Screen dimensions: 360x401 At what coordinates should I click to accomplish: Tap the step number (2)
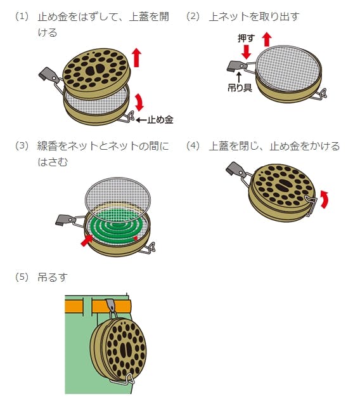tap(193, 17)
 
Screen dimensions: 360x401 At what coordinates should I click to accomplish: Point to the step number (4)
tap(193, 146)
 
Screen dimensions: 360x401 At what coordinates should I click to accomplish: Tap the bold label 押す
tap(247, 39)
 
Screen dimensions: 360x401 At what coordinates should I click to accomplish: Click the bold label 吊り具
tap(240, 88)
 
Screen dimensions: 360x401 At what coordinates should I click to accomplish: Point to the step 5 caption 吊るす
tap(53, 277)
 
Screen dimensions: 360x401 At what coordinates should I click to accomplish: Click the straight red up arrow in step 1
tap(137, 58)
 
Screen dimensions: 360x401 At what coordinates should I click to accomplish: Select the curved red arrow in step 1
tap(140, 102)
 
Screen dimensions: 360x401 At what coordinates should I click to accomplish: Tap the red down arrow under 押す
tap(247, 52)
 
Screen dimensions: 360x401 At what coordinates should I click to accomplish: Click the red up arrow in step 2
tap(267, 39)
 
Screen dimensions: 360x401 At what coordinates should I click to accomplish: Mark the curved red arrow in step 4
tap(325, 199)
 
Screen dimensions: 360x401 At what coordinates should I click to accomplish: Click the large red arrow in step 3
tap(87, 240)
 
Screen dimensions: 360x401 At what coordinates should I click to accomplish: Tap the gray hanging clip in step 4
tap(235, 169)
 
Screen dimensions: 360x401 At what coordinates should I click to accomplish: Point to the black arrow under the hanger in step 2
tap(239, 77)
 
